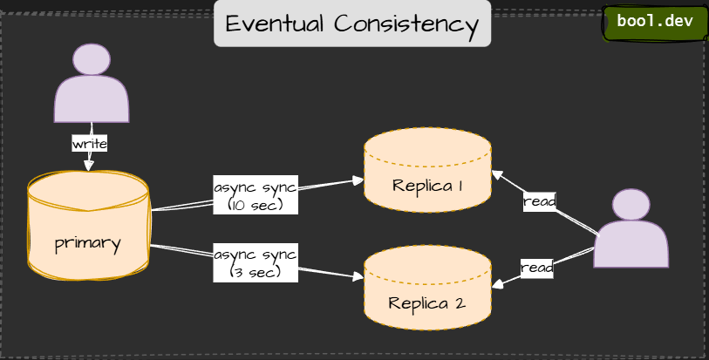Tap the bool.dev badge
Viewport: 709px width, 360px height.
[654, 22]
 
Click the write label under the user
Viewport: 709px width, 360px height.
[90, 142]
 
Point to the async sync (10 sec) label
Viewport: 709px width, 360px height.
[255, 196]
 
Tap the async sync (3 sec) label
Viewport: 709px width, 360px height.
[255, 263]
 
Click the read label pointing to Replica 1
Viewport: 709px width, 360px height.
[539, 201]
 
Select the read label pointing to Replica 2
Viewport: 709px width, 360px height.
[536, 268]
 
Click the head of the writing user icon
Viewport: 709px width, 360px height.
[92, 59]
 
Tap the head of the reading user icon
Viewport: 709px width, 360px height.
[631, 205]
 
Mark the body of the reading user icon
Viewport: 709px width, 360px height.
[631, 246]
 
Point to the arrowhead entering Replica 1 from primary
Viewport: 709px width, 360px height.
[358, 180]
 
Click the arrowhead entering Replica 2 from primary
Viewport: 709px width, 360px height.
[358, 277]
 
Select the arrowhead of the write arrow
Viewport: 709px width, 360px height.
[88, 164]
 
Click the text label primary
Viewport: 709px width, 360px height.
[87, 242]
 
